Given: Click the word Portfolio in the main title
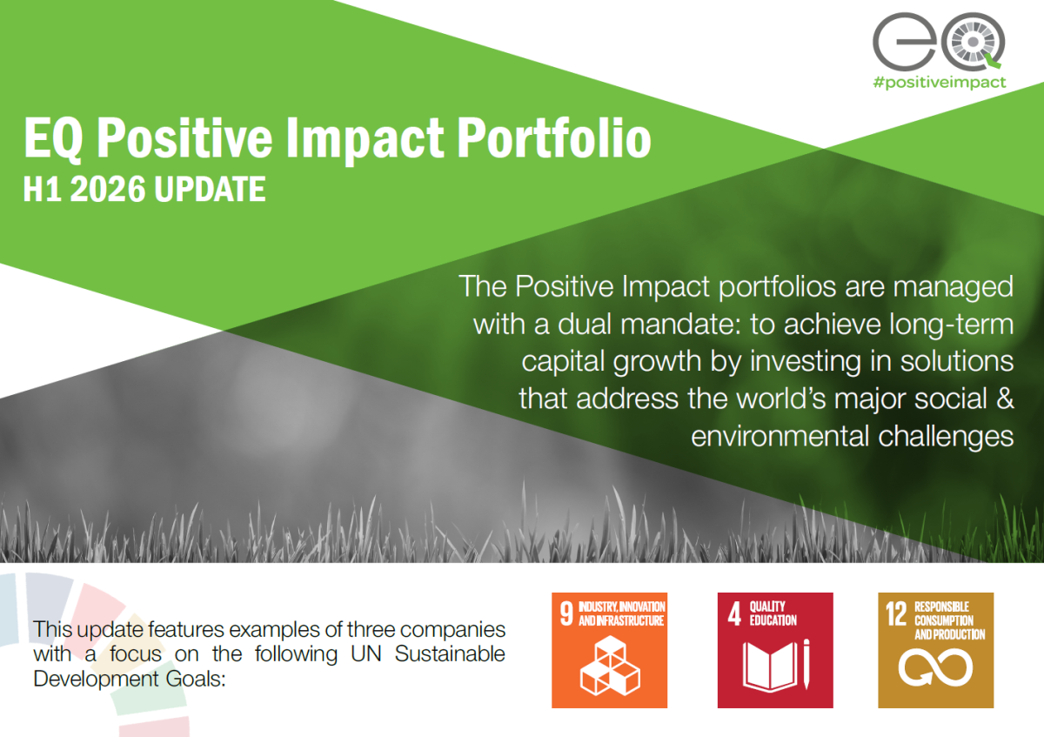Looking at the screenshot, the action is point(553,138).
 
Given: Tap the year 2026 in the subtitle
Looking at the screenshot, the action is point(108,190).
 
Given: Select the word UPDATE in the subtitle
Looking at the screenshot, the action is point(210,190).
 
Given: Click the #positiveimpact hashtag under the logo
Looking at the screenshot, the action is point(940,83).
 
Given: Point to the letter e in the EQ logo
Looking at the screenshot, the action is point(903,42).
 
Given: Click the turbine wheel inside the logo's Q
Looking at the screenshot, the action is point(973,42).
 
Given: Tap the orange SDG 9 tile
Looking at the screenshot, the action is point(609,650).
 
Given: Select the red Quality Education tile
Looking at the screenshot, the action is point(775,650).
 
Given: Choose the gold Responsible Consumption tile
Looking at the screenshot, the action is point(936,650).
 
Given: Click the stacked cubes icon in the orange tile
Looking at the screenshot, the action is point(610,666).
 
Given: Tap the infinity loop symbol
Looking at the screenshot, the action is point(935,667).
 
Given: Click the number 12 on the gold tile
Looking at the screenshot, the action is point(896,613).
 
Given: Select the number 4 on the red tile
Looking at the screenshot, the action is point(734,613).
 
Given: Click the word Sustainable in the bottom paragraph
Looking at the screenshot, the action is point(450,653).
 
